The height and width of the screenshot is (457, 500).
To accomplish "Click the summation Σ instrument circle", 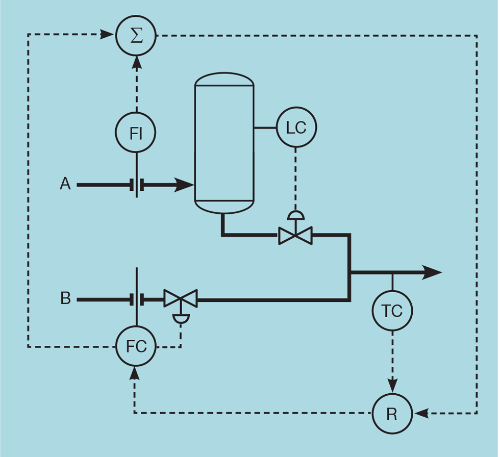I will (x=136, y=36).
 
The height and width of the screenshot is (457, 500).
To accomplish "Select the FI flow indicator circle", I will (x=136, y=133).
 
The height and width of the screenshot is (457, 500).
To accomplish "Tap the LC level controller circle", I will (x=296, y=128).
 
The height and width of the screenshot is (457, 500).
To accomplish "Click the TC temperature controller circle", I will (x=392, y=311).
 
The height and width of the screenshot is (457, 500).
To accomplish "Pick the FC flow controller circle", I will (x=136, y=346).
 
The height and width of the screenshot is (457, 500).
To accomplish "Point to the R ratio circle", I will (x=392, y=414).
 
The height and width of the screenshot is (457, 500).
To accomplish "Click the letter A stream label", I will (x=65, y=184).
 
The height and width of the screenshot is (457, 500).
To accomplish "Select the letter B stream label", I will (x=65, y=298).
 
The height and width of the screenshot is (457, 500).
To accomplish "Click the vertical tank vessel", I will (x=224, y=143).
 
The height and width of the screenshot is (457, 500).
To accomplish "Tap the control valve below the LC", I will (x=295, y=236).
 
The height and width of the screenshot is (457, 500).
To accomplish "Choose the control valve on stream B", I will (x=181, y=299).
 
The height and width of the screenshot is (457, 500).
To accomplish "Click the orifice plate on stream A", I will (x=137, y=185).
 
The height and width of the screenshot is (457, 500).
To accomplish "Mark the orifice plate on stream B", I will (x=137, y=299).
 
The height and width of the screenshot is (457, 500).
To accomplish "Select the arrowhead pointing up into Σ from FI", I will (x=136, y=62).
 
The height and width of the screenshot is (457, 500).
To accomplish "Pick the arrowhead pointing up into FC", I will (x=135, y=373).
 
